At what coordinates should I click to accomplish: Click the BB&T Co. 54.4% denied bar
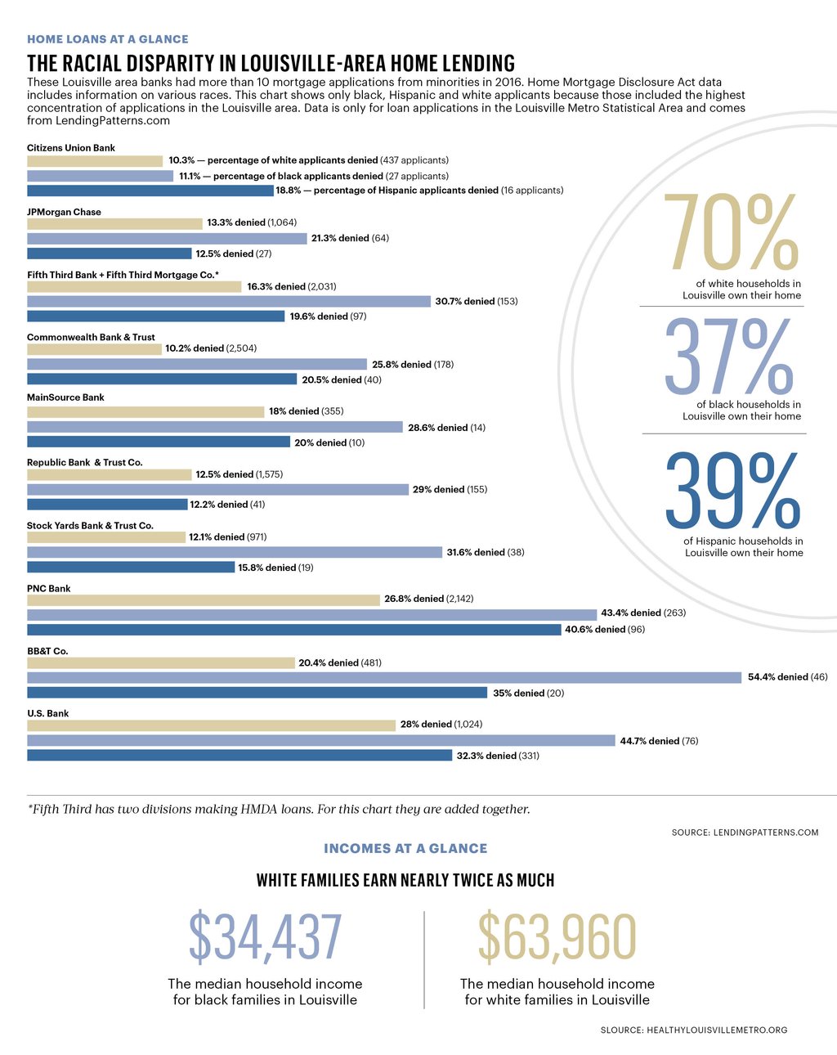[x=384, y=677]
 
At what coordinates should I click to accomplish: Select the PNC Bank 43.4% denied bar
[x=311, y=614]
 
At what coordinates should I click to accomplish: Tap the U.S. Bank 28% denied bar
[x=211, y=725]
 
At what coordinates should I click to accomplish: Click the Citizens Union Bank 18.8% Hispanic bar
[x=150, y=191]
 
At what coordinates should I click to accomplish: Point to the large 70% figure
[x=731, y=232]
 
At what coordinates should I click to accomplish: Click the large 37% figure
[x=728, y=357]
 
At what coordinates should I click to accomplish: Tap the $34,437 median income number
[x=265, y=937]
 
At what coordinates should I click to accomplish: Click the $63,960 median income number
[x=557, y=937]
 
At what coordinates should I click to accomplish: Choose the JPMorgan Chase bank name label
[x=64, y=212]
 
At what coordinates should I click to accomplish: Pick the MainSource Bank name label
[x=65, y=397]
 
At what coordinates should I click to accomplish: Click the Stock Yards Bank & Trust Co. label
[x=90, y=526]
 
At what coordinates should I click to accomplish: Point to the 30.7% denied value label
[x=476, y=302]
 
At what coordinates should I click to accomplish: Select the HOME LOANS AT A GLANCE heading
[x=107, y=39]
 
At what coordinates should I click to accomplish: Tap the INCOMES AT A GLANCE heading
[x=405, y=849]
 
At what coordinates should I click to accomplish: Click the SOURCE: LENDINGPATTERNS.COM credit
[x=745, y=833]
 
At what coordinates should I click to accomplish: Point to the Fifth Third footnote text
[x=279, y=810]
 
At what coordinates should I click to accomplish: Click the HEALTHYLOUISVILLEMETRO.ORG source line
[x=694, y=1030]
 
